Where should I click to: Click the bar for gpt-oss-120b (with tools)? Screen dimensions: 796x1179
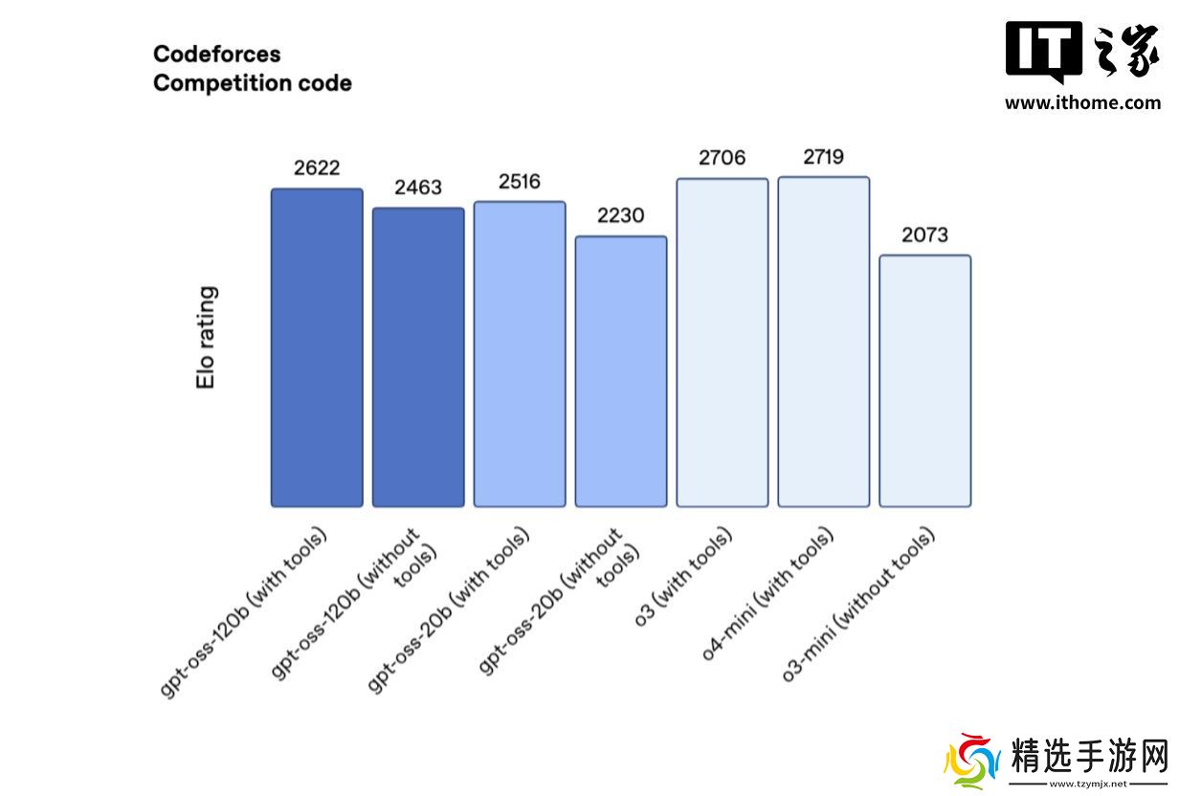(x=317, y=347)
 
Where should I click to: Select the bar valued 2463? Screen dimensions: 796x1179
(x=418, y=357)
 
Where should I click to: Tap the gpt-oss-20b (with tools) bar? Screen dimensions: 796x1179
(x=520, y=354)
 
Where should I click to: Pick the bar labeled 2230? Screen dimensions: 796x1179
(x=621, y=371)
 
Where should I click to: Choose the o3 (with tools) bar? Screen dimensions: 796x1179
(x=723, y=343)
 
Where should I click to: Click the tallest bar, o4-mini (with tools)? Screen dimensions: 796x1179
(x=824, y=342)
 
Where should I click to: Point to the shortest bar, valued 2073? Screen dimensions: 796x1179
(x=925, y=381)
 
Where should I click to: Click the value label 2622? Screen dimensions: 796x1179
(x=317, y=168)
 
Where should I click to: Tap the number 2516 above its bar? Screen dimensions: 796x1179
(x=520, y=182)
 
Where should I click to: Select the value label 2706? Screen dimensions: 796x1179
(x=723, y=158)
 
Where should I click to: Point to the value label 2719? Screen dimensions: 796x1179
(x=824, y=157)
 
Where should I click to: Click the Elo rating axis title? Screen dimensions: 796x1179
(x=206, y=337)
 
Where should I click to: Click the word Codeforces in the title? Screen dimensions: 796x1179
(x=216, y=54)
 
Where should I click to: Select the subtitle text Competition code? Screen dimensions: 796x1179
(x=252, y=83)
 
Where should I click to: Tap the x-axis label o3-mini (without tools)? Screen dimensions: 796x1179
(x=860, y=603)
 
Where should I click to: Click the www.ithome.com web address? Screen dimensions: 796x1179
(x=1082, y=103)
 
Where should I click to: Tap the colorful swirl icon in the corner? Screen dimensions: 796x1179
(x=969, y=762)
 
